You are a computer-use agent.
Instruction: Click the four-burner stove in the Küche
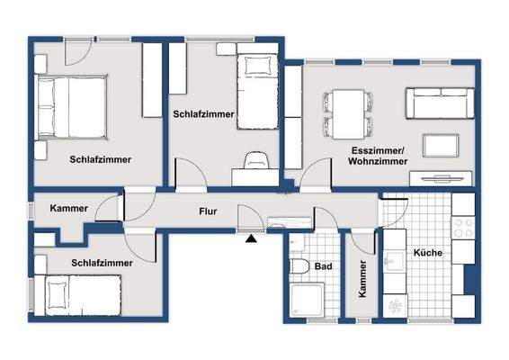464,229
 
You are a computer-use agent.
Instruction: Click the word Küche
427,254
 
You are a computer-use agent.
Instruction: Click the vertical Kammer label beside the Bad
362,279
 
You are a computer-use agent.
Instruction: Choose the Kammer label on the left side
70,209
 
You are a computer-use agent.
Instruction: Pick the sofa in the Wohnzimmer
441,104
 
